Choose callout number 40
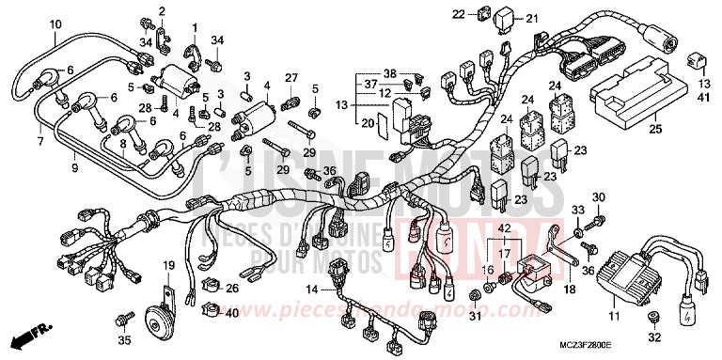[x=232, y=312]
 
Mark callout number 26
[x=233, y=287]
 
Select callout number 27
[x=290, y=77]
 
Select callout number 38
[x=390, y=72]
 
